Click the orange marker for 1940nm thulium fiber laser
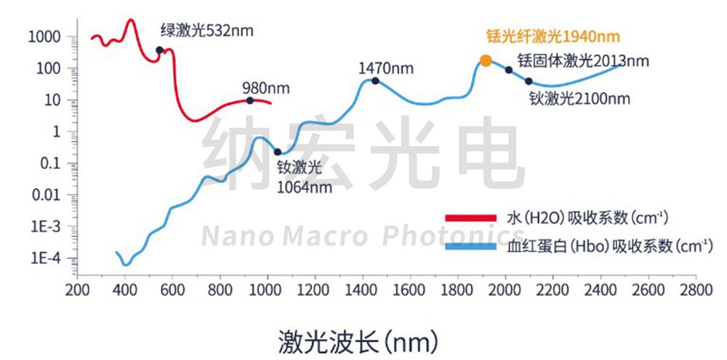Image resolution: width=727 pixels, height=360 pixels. pyautogui.click(x=486, y=60)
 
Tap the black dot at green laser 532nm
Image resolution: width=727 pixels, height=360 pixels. pyautogui.click(x=159, y=50)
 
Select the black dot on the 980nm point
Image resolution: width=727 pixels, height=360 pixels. pyautogui.click(x=250, y=100)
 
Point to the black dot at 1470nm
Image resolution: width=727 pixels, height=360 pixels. pyautogui.click(x=375, y=80)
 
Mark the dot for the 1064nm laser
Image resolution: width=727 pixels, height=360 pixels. pyautogui.click(x=278, y=152)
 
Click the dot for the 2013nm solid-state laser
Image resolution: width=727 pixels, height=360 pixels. pyautogui.click(x=509, y=70)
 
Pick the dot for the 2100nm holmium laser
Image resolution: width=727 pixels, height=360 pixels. pyautogui.click(x=529, y=81)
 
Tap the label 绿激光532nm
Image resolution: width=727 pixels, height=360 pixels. pyautogui.click(x=208, y=31)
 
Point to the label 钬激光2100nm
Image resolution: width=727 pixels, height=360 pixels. pyautogui.click(x=579, y=98)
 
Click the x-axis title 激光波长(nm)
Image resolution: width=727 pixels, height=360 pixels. pyautogui.click(x=358, y=340)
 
